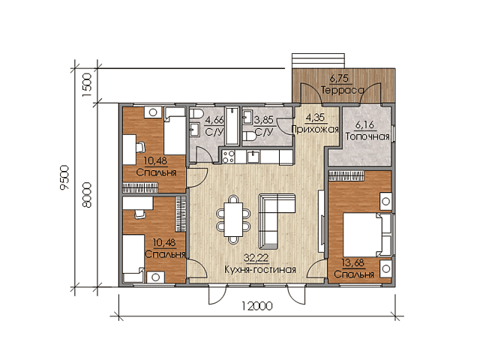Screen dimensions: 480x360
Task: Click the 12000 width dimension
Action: tap(256, 306)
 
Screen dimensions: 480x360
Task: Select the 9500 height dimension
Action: tap(65, 178)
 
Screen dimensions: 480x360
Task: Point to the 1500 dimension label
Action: tap(87, 85)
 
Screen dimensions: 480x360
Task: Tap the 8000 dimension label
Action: tap(88, 195)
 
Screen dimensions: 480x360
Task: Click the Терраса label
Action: tap(343, 90)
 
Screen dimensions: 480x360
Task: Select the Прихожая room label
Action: tap(315, 130)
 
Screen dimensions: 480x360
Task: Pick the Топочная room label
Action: tap(367, 136)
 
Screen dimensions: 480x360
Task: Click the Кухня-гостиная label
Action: tap(260, 270)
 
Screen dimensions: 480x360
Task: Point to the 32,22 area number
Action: tap(256, 258)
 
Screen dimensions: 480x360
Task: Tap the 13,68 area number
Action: tap(354, 262)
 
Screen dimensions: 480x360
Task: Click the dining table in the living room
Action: tap(233, 220)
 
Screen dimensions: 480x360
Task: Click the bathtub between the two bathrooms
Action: tap(232, 126)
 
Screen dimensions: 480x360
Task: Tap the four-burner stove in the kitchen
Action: tap(228, 157)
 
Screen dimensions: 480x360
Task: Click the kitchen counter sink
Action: tap(253, 157)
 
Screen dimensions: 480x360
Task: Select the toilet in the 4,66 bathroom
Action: tap(196, 114)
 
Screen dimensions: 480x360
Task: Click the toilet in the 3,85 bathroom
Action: tap(250, 136)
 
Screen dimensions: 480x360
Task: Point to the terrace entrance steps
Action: tap(319, 61)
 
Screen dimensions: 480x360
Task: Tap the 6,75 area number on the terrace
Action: tap(339, 79)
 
